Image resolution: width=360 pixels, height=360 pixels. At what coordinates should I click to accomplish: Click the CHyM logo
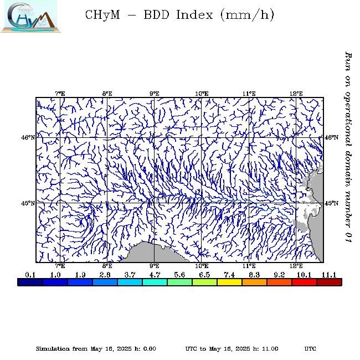coord(29,16)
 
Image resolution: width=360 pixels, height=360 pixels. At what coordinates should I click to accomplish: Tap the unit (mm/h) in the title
coord(247,15)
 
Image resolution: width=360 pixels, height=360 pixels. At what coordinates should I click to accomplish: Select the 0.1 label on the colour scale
coord(30,275)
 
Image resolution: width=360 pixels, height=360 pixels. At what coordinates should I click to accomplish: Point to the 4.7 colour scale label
coord(155,275)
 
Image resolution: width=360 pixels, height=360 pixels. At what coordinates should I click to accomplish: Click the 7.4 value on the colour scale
coord(230,275)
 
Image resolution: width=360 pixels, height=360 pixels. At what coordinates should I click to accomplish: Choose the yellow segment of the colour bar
coord(229,282)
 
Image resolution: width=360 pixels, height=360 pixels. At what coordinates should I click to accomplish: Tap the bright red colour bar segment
coord(304,282)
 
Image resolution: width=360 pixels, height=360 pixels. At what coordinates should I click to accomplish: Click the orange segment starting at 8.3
coord(254,282)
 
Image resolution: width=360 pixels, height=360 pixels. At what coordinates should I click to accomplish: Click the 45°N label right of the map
coord(331,203)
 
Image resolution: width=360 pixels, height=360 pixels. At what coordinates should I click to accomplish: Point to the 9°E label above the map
coord(155,94)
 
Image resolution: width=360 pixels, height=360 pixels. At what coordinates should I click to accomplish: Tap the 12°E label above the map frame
coord(296,94)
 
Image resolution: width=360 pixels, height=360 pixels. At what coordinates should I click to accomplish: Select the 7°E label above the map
coord(60,94)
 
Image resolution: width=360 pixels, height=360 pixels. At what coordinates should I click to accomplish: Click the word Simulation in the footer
coord(54,348)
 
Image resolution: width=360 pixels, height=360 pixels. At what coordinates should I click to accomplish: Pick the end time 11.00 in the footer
coord(269,348)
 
